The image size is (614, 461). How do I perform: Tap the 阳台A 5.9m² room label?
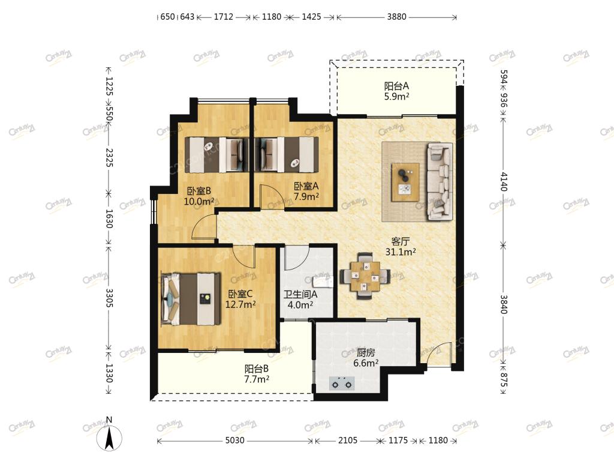pyautogui.click(x=397, y=91)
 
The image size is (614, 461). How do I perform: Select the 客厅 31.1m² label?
pyautogui.click(x=401, y=247)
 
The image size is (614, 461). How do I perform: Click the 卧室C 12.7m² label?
pyautogui.click(x=240, y=299)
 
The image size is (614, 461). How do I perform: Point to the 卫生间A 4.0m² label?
pyautogui.click(x=300, y=299)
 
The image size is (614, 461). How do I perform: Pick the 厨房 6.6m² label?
pyautogui.click(x=366, y=358)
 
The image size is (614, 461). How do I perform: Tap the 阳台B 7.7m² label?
pyautogui.click(x=257, y=374)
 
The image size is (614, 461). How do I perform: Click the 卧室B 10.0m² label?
pyautogui.click(x=199, y=196)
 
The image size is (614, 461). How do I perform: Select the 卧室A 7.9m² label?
pyautogui.click(x=306, y=191)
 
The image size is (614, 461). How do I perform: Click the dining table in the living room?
pyautogui.click(x=365, y=276)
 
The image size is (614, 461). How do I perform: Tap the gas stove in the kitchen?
pyautogui.click(x=342, y=384)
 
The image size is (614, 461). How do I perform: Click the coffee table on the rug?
pyautogui.click(x=405, y=182)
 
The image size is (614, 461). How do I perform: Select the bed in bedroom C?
pyautogui.click(x=191, y=299)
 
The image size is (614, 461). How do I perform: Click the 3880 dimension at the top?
pyautogui.click(x=397, y=17)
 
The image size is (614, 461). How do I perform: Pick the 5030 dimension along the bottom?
pyautogui.click(x=234, y=440)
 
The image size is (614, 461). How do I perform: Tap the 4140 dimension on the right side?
pyautogui.click(x=504, y=181)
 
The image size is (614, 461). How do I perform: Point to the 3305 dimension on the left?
pyautogui.click(x=109, y=298)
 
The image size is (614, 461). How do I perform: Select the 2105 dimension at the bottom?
pyautogui.click(x=348, y=440)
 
